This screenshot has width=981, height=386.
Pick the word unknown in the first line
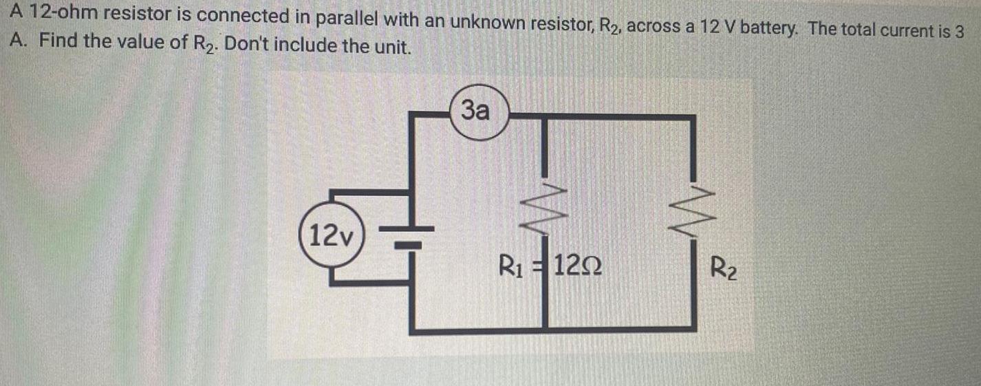point(484,23)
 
